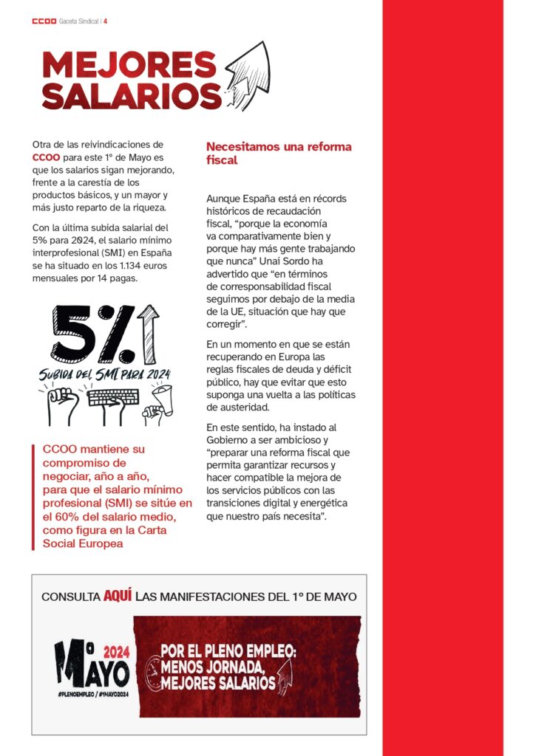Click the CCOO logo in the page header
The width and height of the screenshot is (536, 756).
[44, 21]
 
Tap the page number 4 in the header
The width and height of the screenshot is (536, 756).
[106, 21]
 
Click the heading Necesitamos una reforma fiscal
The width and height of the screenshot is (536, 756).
[279, 153]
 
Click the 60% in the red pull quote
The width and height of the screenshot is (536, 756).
[69, 516]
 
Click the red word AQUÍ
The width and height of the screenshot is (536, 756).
[118, 595]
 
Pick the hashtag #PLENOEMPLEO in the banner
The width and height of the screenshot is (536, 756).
[75, 694]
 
